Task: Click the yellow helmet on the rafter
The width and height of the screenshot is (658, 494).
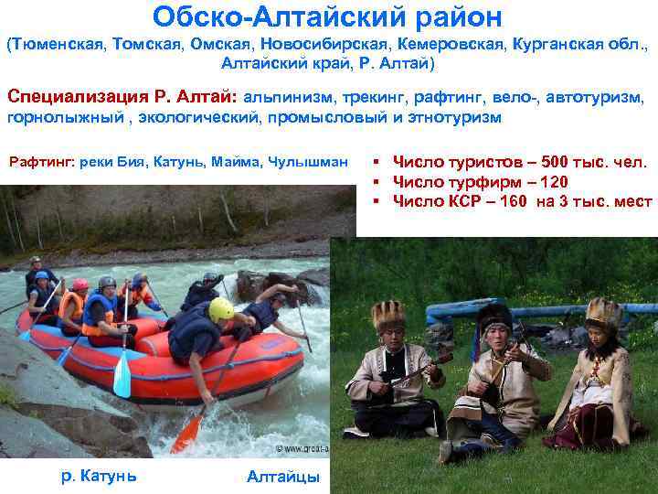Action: (x=222, y=308)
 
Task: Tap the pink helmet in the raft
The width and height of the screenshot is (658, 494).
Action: (x=80, y=285)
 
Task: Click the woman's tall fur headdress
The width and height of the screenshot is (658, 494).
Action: (x=603, y=311)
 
